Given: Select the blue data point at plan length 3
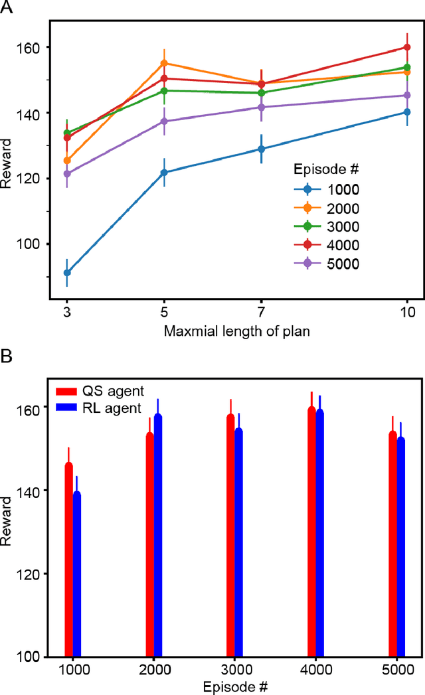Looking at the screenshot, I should pos(67,272).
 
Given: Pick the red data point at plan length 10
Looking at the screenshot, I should pos(407,47).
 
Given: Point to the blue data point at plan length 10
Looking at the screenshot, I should pos(407,112).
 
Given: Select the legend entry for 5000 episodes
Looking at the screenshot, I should pos(325,264).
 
